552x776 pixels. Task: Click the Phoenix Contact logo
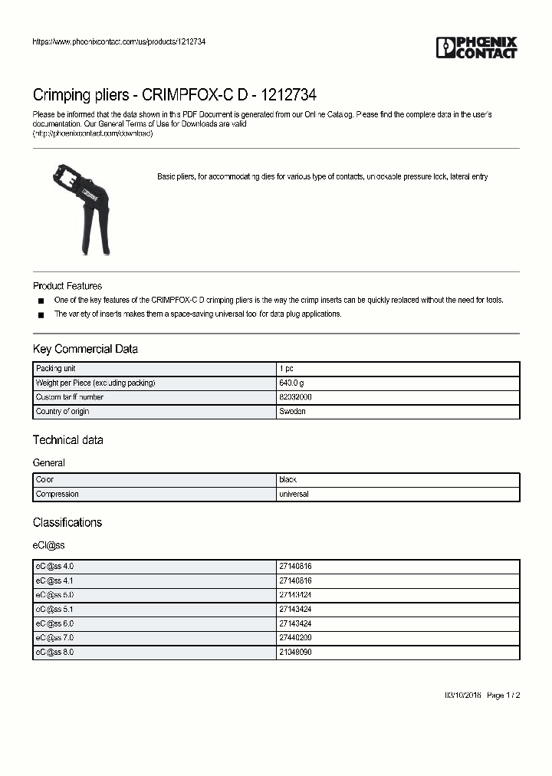pyautogui.click(x=476, y=48)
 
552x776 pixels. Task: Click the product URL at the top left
pyautogui.click(x=119, y=41)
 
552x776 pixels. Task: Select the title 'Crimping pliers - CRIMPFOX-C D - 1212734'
pyautogui.click(x=174, y=95)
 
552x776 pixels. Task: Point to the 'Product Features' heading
pyautogui.click(x=67, y=286)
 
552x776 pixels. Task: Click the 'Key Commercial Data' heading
pyautogui.click(x=85, y=349)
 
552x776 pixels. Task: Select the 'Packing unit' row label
pyautogui.click(x=56, y=369)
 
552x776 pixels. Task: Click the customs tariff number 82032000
pyautogui.click(x=295, y=397)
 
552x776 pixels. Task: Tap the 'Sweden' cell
pyautogui.click(x=292, y=412)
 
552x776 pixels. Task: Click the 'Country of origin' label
pyautogui.click(x=63, y=412)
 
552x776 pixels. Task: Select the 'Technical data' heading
pyautogui.click(x=67, y=440)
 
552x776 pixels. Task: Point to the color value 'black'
pyautogui.click(x=287, y=479)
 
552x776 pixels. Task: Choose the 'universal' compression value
pyautogui.click(x=294, y=495)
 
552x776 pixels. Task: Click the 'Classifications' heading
pyautogui.click(x=67, y=522)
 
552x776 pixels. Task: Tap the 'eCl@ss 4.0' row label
pyautogui.click(x=54, y=566)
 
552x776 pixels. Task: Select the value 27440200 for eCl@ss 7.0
pyautogui.click(x=295, y=638)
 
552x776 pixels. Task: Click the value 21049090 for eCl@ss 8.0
pyautogui.click(x=295, y=653)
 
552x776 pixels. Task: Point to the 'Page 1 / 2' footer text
pyautogui.click(x=504, y=695)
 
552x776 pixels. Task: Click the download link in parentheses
pyautogui.click(x=93, y=133)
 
